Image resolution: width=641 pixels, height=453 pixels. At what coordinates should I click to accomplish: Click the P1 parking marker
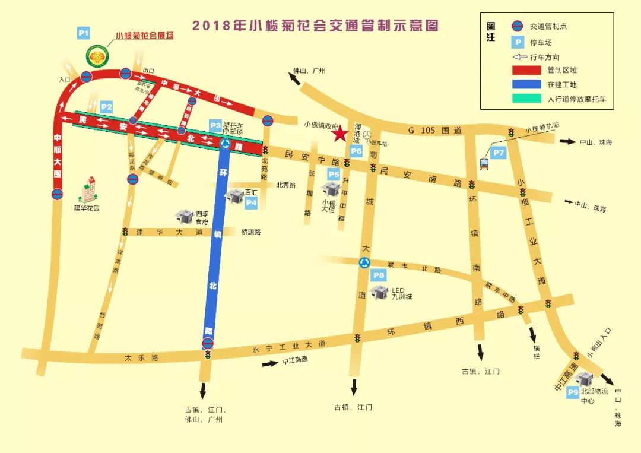pyautogui.click(x=84, y=33)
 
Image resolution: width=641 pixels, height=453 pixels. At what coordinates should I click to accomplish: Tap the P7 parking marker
pyautogui.click(x=499, y=153)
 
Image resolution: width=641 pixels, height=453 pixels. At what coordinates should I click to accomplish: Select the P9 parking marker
pyautogui.click(x=573, y=392)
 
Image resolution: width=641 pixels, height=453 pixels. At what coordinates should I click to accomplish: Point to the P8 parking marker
pyautogui.click(x=378, y=275)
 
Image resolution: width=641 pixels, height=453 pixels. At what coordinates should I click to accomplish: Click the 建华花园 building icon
pyautogui.click(x=87, y=189)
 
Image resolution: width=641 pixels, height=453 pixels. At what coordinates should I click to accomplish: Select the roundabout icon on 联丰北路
pyautogui.click(x=364, y=262)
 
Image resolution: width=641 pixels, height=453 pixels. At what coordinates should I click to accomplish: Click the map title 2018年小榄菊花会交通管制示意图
pyautogui.click(x=315, y=26)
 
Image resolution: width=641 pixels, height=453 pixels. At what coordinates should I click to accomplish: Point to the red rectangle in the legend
pyautogui.click(x=526, y=70)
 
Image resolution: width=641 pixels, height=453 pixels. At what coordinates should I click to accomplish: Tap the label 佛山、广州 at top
pyautogui.click(x=310, y=71)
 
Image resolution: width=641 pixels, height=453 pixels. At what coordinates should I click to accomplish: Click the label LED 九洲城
pyautogui.click(x=402, y=294)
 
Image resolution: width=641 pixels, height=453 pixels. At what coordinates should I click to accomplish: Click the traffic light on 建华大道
pyautogui.click(x=125, y=232)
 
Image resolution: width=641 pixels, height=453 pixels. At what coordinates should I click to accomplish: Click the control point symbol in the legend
pyautogui.click(x=518, y=26)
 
